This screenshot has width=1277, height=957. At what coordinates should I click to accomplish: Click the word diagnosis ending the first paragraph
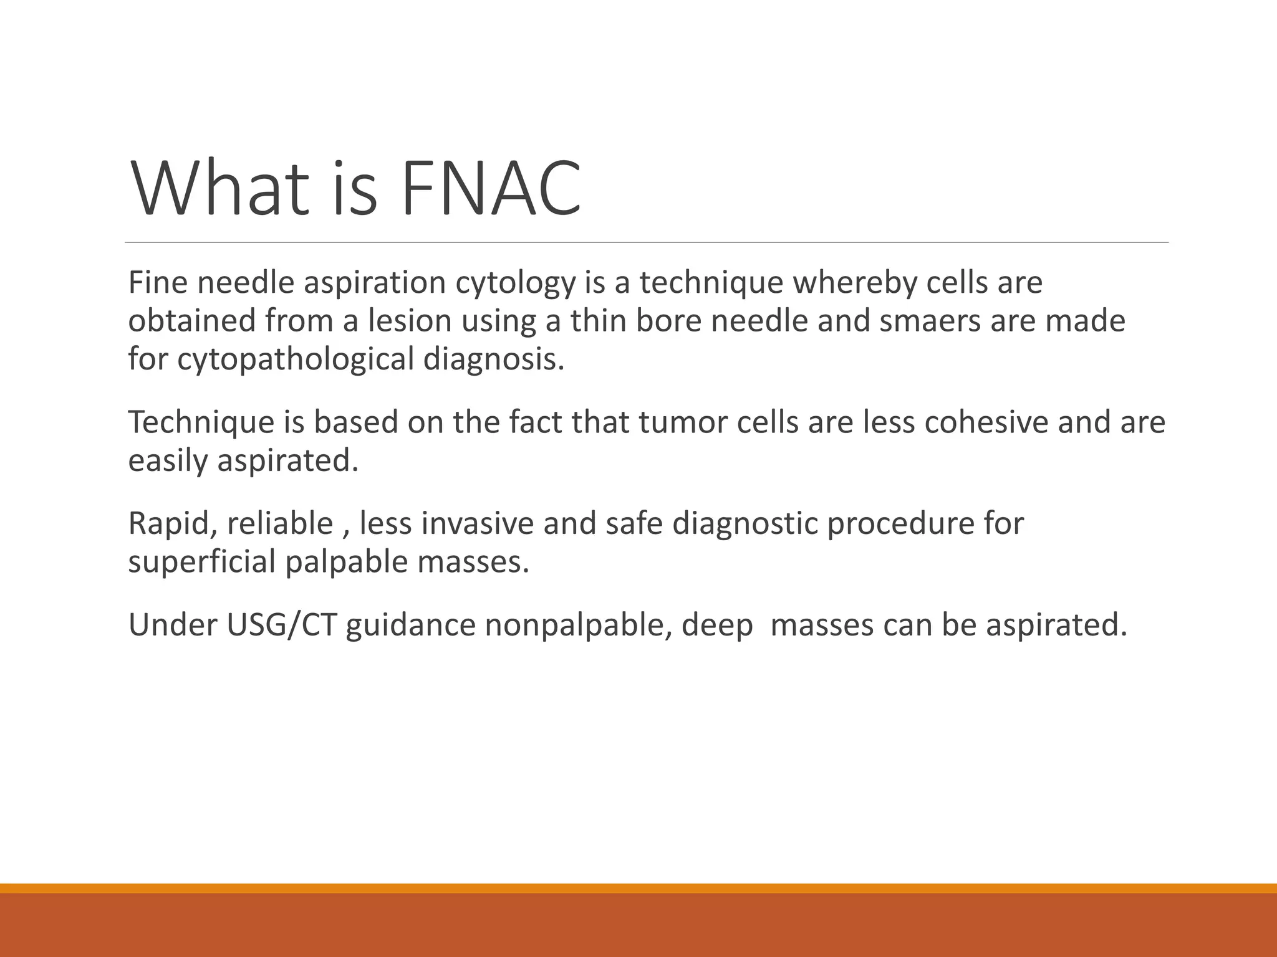click(x=494, y=359)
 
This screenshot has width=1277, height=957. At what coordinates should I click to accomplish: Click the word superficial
click(x=201, y=562)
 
